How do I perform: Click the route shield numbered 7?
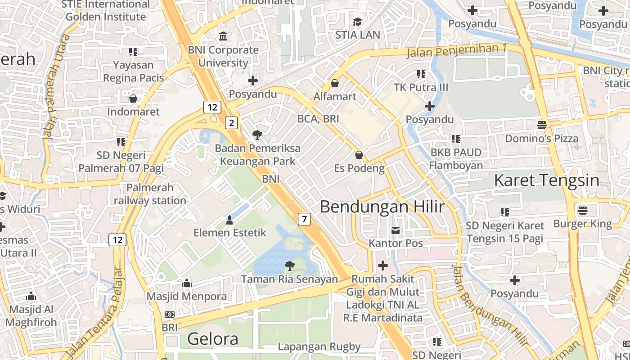point(304,219)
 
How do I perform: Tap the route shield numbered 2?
point(231,122)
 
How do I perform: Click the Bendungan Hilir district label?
point(382,207)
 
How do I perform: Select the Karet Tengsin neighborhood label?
point(546,181)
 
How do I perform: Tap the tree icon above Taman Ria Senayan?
point(290,266)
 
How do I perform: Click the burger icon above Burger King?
point(583,210)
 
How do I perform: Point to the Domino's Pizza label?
point(541,139)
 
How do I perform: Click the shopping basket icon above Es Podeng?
point(359,155)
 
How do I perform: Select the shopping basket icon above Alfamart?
point(335,83)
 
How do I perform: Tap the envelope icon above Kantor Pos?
point(396,230)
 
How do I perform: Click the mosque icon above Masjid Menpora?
point(187,283)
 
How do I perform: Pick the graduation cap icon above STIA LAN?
point(357,22)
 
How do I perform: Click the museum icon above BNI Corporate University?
point(223,36)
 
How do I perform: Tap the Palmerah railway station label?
point(150,194)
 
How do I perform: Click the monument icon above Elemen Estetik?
point(229,220)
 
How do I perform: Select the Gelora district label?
point(212,338)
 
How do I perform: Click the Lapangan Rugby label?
point(319,346)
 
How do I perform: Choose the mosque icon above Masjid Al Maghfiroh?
point(31,296)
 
